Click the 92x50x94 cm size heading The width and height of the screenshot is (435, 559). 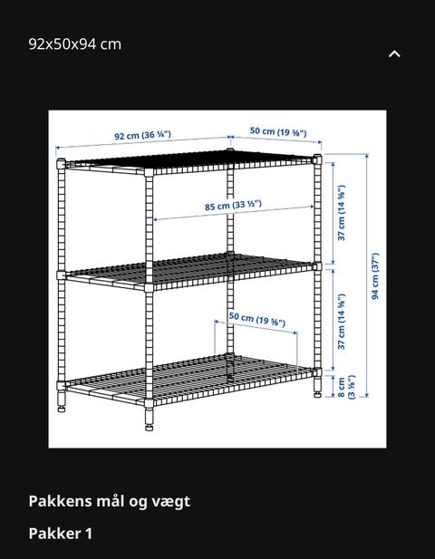pyautogui.click(x=75, y=44)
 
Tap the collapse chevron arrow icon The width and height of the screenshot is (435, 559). pyautogui.click(x=394, y=53)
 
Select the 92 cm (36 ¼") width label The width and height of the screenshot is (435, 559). pyautogui.click(x=142, y=135)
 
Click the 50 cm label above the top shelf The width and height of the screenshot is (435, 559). pyautogui.click(x=278, y=131)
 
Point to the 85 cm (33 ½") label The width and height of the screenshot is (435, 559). pyautogui.click(x=233, y=205)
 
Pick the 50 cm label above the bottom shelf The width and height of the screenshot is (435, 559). pyautogui.click(x=257, y=318)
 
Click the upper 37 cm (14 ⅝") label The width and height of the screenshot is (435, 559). pyautogui.click(x=342, y=213)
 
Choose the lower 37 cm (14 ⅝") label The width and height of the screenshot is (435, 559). pyautogui.click(x=342, y=322)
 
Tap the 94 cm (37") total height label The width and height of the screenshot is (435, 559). pyautogui.click(x=375, y=276)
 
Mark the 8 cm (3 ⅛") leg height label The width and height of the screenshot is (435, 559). pyautogui.click(x=346, y=387)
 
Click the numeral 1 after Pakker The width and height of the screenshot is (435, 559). pyautogui.click(x=89, y=534)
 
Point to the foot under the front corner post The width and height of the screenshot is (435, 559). pyautogui.click(x=149, y=419)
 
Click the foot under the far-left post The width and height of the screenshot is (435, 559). pyautogui.click(x=62, y=401)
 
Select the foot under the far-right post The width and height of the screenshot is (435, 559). pyautogui.click(x=317, y=388)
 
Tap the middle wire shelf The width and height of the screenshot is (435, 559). pyautogui.click(x=189, y=270)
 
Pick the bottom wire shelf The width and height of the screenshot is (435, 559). pyautogui.click(x=189, y=378)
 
